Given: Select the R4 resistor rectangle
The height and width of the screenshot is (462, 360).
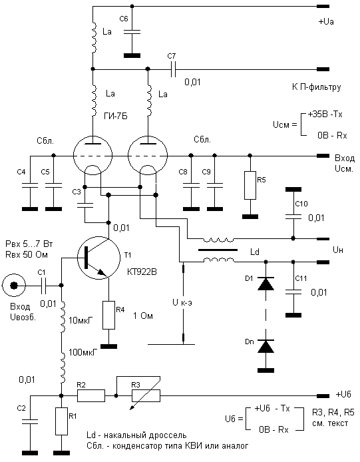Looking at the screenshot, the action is click(x=108, y=315).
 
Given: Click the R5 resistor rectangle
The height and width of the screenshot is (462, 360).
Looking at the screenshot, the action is click(x=250, y=185).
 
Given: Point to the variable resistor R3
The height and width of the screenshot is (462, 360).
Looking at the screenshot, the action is click(x=146, y=395).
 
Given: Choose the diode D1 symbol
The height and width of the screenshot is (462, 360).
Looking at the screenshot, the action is click(x=266, y=284).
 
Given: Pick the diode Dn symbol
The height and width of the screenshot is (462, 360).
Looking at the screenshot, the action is click(x=266, y=346).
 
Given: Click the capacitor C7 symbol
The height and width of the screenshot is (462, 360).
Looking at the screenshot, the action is click(x=173, y=69).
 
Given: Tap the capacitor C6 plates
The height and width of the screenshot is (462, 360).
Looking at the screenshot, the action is click(x=132, y=31).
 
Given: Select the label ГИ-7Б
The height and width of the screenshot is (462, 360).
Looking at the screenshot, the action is click(x=116, y=116).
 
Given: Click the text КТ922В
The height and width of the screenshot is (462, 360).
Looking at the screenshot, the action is click(x=142, y=272).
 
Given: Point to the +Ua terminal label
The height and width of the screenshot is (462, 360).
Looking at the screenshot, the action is click(x=326, y=21).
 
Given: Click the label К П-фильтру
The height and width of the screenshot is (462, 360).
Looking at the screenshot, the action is click(x=316, y=87).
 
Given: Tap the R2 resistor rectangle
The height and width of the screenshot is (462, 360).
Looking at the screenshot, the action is click(x=91, y=395).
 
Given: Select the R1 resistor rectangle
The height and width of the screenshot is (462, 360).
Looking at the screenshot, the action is click(x=62, y=421).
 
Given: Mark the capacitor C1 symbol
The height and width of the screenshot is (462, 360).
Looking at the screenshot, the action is click(x=43, y=285).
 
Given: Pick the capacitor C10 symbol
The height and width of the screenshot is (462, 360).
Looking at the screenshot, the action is click(x=293, y=217).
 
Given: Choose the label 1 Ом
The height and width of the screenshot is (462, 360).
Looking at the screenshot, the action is click(x=143, y=316).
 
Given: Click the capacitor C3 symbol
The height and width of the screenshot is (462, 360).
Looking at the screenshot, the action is click(x=85, y=205).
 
